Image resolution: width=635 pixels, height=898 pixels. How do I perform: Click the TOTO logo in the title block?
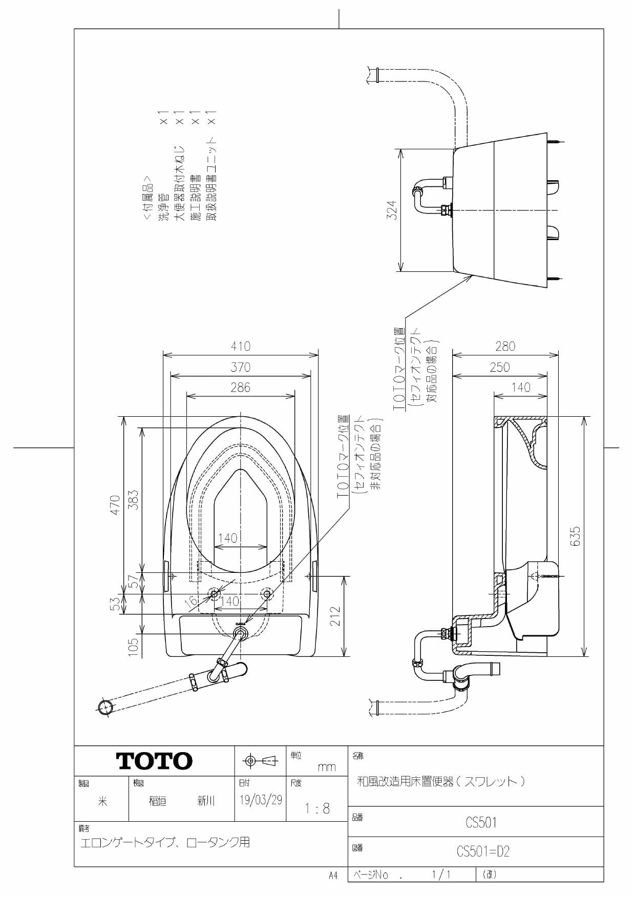click(155, 761)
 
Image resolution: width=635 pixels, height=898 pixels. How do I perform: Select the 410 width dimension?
click(240, 346)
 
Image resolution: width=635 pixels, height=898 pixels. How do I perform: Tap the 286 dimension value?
click(240, 388)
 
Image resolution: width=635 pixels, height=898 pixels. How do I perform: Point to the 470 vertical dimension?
click(116, 505)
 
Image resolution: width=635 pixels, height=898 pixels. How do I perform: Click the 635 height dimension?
click(576, 536)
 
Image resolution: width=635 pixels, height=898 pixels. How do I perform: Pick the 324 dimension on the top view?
click(392, 210)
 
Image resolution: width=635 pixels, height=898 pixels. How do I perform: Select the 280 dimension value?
click(505, 346)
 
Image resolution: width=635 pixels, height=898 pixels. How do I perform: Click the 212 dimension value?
click(335, 616)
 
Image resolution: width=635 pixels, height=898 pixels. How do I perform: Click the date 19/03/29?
click(261, 800)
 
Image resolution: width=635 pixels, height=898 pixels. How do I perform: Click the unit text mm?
click(326, 767)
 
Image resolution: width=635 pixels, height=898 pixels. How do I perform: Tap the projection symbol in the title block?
click(260, 761)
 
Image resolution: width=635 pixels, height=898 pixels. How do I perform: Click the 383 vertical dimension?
click(133, 500)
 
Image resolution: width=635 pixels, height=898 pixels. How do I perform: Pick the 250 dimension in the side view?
click(499, 367)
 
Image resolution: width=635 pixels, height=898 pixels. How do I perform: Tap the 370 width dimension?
click(240, 367)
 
